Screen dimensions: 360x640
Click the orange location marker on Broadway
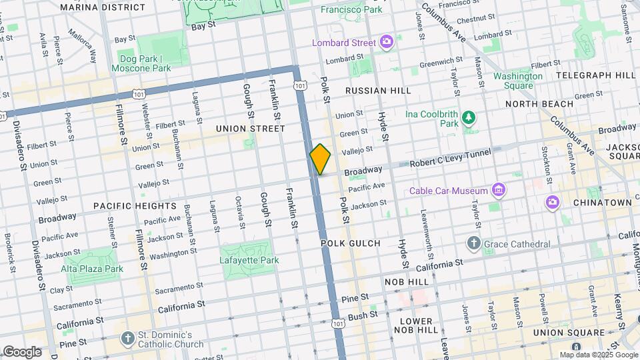pos(320,159)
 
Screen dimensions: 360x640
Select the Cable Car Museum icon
pos(497,191)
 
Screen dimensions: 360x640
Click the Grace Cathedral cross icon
pos(473,243)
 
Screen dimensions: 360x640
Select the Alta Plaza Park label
pos(92,269)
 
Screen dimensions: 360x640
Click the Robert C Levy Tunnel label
pos(450,157)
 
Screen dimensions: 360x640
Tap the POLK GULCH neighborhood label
pos(350,243)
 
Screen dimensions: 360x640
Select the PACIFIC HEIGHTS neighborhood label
pos(135,206)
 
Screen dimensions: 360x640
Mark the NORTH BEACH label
pos(539,104)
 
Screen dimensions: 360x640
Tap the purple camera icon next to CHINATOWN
pos(552,202)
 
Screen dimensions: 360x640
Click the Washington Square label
pos(518,81)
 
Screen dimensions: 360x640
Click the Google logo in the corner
pos(22,351)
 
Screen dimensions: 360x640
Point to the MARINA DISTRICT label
pos(102,7)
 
